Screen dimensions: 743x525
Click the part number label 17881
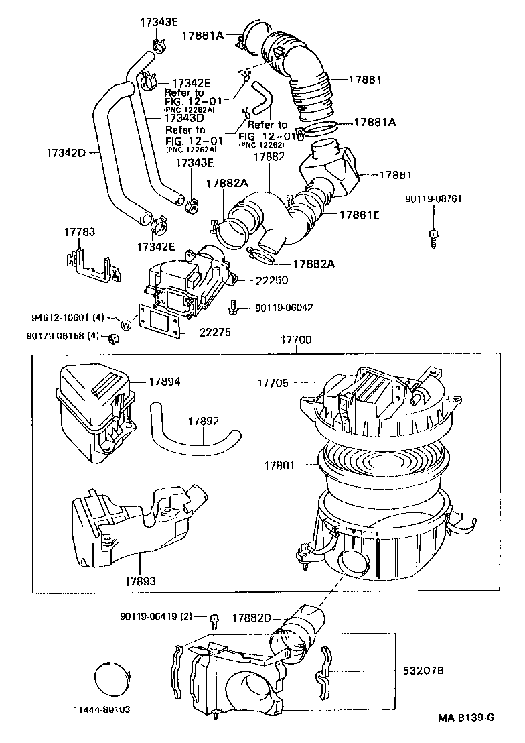pos(365,79)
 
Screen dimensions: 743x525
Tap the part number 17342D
pos(66,153)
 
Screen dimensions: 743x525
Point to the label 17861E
pos(359,215)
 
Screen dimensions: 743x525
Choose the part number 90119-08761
pos(433,199)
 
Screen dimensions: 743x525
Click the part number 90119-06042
pos(284,308)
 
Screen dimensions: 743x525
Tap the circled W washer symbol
pos(125,325)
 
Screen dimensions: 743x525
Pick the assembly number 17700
pos(294,340)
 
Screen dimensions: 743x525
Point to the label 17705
pos(273,383)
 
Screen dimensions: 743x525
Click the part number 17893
pos(139,580)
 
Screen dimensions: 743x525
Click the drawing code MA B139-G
pos(466,718)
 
